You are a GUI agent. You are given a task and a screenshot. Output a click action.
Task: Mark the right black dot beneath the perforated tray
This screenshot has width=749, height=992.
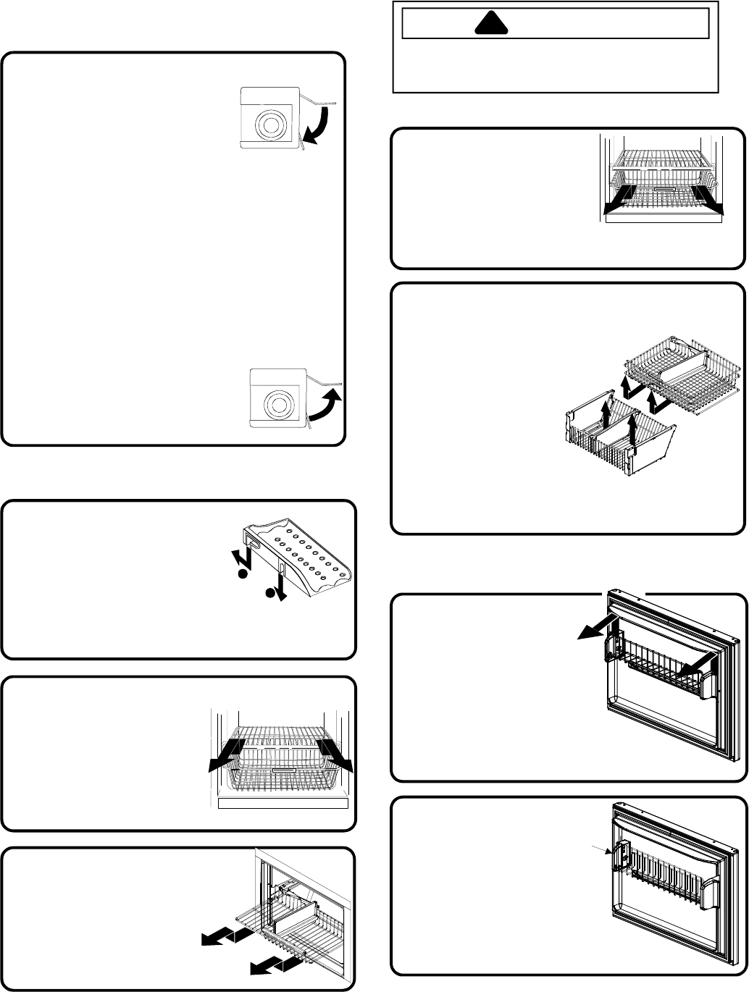click(x=270, y=593)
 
